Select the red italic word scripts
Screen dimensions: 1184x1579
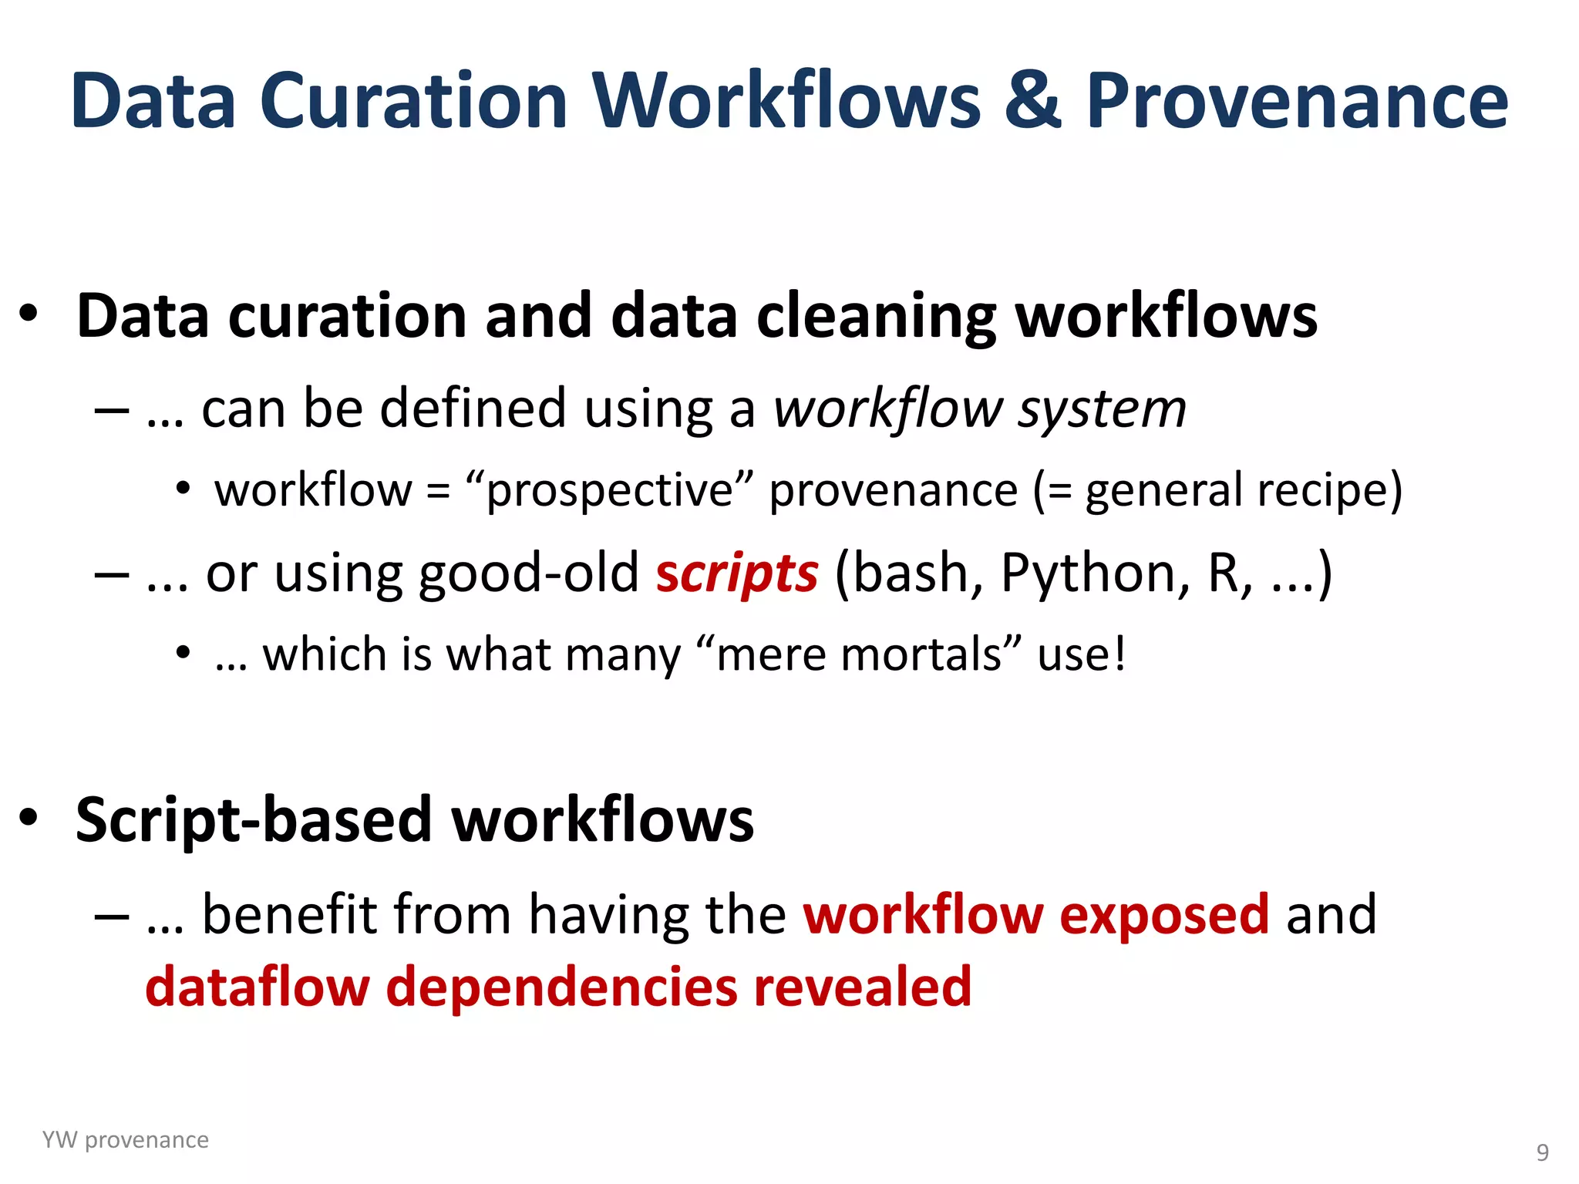(736, 574)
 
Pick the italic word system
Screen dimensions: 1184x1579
(1103, 409)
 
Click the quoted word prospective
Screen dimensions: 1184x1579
(609, 491)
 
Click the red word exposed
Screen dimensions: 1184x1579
(1164, 915)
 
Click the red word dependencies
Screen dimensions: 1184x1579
(561, 987)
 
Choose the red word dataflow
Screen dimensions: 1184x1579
(258, 987)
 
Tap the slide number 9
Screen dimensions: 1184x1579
(1542, 1152)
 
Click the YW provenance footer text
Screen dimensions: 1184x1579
(125, 1140)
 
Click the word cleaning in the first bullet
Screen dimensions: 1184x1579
(877, 317)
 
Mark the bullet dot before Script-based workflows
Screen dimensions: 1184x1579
(29, 817)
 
